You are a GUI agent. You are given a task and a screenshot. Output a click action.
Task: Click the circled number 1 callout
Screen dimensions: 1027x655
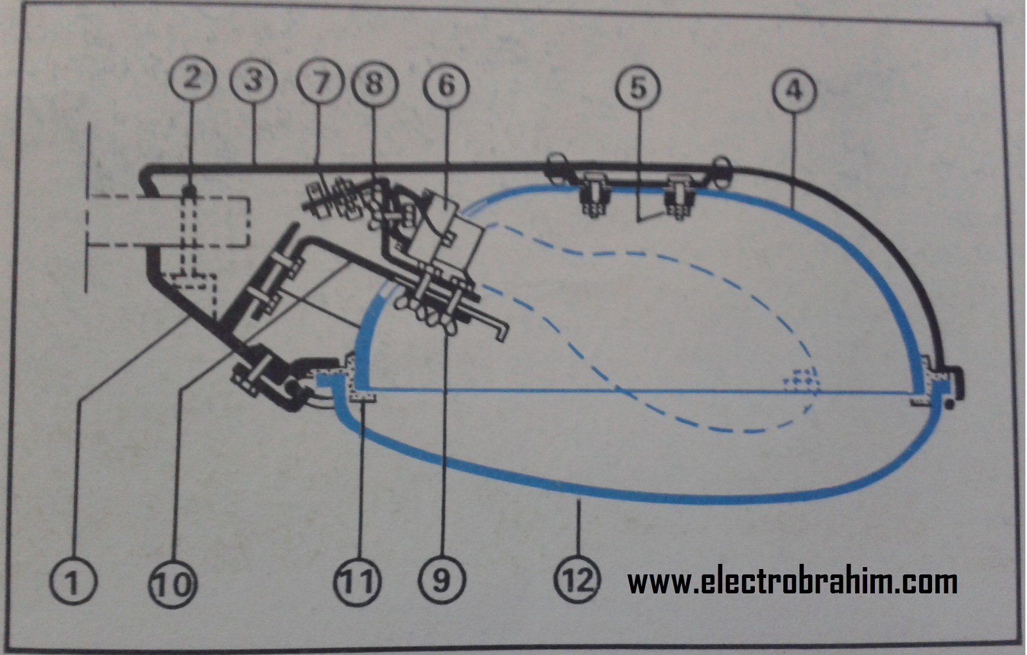pyautogui.click(x=73, y=581)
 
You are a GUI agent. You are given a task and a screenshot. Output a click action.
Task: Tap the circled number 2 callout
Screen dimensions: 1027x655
pyautogui.click(x=193, y=78)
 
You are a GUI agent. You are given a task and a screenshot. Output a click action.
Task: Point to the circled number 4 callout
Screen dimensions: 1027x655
pyautogui.click(x=795, y=90)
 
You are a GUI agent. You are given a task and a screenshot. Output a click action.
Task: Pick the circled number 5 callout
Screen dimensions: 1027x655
pyautogui.click(x=638, y=88)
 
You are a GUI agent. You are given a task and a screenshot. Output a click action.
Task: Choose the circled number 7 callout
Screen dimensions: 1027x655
pyautogui.click(x=320, y=83)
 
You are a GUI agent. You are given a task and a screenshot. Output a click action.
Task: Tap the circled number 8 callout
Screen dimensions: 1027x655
pyautogui.click(x=375, y=83)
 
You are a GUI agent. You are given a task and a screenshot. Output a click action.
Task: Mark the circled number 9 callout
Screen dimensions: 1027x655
pyautogui.click(x=442, y=580)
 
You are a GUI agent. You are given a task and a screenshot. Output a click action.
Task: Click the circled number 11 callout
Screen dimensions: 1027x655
pyautogui.click(x=358, y=581)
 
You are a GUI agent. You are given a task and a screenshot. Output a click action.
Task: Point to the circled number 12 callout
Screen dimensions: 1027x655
pyautogui.click(x=578, y=580)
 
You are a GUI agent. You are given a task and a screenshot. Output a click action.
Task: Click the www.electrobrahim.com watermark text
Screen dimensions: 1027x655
pyautogui.click(x=792, y=581)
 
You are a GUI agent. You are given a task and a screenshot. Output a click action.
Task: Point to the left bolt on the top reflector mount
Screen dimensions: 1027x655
pyautogui.click(x=593, y=195)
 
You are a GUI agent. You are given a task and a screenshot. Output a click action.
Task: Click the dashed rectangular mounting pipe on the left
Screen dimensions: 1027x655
pyautogui.click(x=168, y=221)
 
